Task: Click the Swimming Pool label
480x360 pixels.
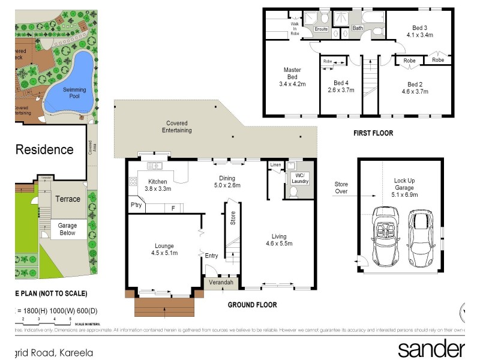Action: tap(75, 94)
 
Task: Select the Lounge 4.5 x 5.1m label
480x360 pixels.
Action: tap(164, 250)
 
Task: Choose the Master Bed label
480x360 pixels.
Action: tap(292, 77)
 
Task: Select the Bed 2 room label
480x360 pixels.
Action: tap(415, 88)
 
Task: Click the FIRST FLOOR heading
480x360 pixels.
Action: tap(373, 133)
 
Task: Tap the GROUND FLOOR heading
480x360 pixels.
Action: tap(252, 305)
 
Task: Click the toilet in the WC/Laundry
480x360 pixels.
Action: tap(294, 192)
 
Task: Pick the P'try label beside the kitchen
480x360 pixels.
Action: tap(137, 206)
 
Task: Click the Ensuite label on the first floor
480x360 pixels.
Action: tap(322, 28)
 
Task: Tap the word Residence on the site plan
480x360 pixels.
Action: tap(44, 149)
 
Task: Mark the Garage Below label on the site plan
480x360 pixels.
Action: tap(67, 229)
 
